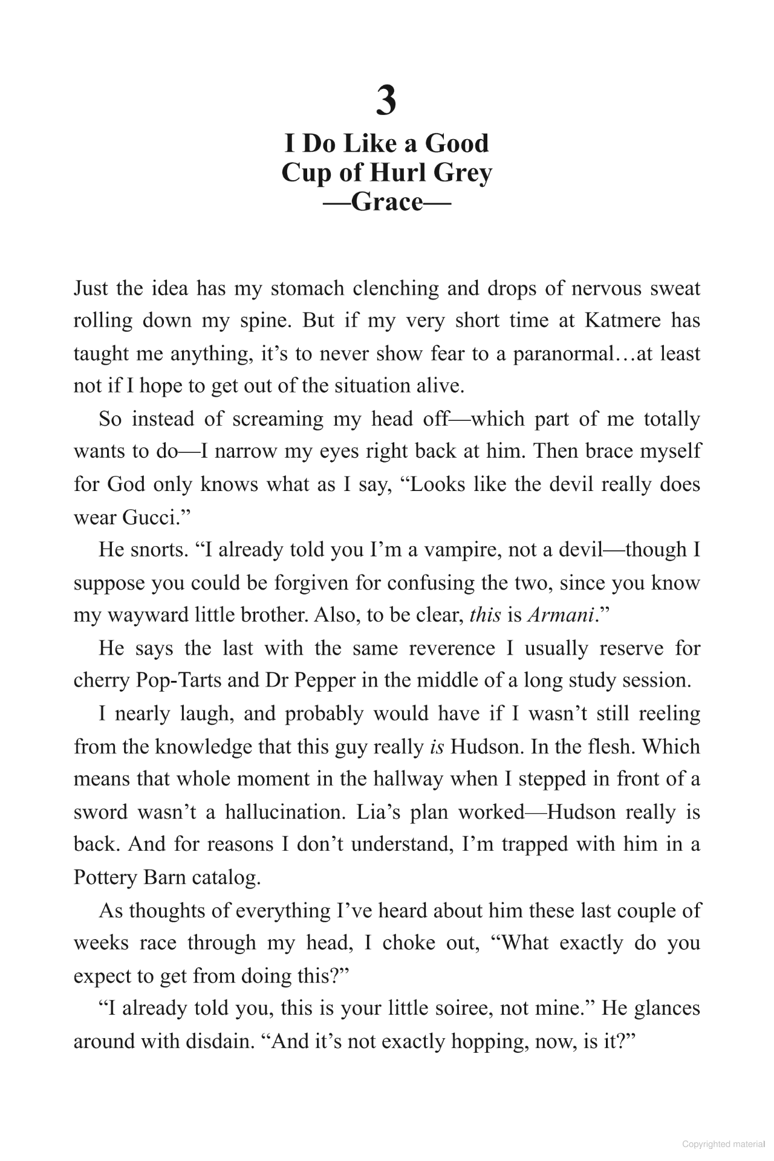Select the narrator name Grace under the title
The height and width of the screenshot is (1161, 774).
pyautogui.click(x=386, y=201)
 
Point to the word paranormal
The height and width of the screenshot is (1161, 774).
pyautogui.click(x=563, y=353)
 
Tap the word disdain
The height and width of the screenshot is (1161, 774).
pyautogui.click(x=218, y=1041)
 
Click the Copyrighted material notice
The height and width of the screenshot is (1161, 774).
pyautogui.click(x=723, y=1144)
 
